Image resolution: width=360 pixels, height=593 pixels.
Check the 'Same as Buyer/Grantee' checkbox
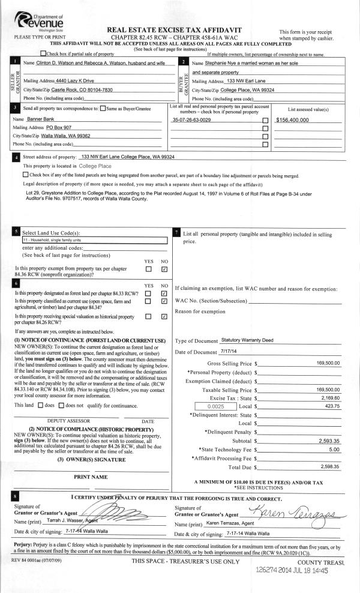point(103,109)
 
